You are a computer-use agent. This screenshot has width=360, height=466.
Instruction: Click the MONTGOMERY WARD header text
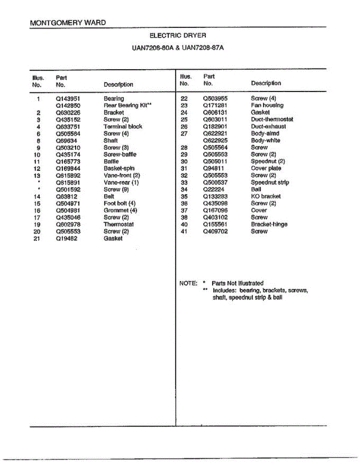coord(68,23)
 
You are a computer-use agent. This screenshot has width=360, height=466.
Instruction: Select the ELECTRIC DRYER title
coord(177,35)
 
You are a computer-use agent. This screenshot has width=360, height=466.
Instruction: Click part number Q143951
coord(68,99)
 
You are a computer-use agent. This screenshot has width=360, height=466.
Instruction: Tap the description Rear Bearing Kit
coord(127,106)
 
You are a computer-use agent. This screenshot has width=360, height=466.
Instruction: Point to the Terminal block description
coord(123,127)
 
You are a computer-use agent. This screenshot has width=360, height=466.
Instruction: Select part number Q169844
coord(68,169)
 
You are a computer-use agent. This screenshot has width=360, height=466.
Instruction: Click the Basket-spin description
coord(119,169)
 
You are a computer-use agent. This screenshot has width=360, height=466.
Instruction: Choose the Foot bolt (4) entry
coord(120,203)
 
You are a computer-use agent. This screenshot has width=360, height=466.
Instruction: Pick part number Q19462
coord(66,238)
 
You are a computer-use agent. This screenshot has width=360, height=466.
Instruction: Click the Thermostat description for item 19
coord(118,224)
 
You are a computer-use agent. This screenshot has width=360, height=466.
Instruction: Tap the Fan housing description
coord(267,105)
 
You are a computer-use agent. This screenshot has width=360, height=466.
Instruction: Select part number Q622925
coord(215,141)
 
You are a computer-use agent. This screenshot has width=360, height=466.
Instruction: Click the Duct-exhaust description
coord(268,127)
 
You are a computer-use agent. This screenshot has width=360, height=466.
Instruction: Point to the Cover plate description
coord(266,169)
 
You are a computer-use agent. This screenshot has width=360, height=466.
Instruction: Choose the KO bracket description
coord(266,196)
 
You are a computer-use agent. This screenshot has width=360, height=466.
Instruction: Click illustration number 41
coord(184,231)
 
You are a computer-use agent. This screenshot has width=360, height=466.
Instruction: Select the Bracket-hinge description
coord(269,224)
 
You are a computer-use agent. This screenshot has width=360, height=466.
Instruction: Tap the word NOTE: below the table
coord(188,283)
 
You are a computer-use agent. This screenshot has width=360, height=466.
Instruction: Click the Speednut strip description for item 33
coord(270,183)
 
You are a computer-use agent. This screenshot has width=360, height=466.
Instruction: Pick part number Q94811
coord(214,169)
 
